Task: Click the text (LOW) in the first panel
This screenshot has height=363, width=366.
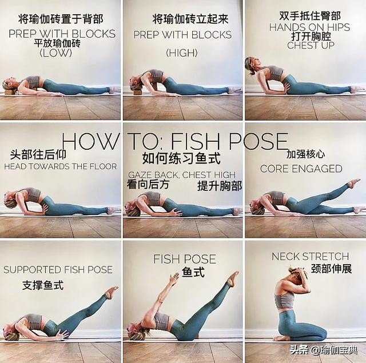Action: (x=56, y=53)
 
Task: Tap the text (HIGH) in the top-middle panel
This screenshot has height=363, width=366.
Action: (x=182, y=53)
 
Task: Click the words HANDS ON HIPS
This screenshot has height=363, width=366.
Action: (x=309, y=27)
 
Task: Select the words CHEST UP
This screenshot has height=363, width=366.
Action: (x=311, y=45)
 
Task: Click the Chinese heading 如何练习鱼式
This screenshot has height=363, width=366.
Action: (x=181, y=158)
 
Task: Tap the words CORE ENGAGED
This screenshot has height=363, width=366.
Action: (x=301, y=169)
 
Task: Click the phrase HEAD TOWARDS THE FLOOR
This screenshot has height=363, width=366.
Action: (x=61, y=166)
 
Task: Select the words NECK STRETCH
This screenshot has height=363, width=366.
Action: (x=310, y=256)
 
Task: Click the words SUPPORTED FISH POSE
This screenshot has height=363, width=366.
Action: (x=58, y=270)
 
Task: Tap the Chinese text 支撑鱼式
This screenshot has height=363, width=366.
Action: (x=43, y=285)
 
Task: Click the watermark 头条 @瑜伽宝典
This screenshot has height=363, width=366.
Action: (x=324, y=350)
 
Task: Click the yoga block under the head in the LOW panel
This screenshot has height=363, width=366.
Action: (x=10, y=92)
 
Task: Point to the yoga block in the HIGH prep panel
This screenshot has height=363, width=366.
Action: (x=138, y=92)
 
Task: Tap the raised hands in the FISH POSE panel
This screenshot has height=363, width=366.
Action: (x=174, y=278)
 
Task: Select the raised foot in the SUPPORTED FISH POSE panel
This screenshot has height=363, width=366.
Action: (x=112, y=292)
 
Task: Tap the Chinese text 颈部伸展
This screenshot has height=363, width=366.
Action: (x=331, y=269)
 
